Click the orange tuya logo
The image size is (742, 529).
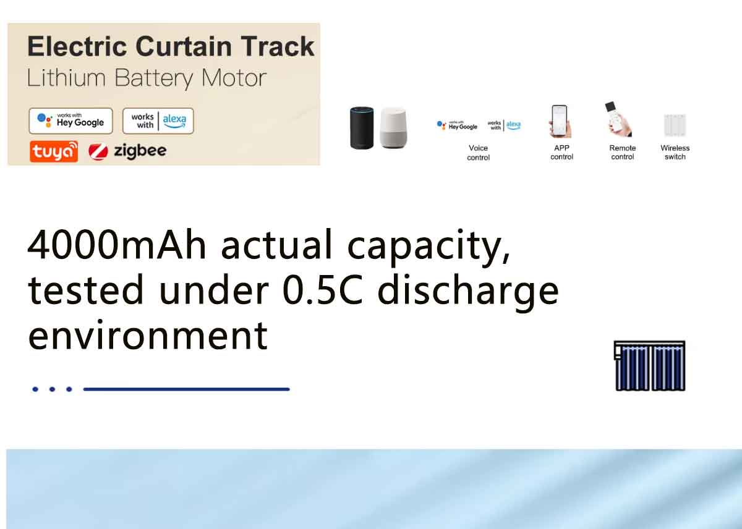[x=54, y=151]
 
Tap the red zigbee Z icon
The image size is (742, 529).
[x=98, y=152]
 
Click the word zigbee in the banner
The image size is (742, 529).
[x=140, y=151]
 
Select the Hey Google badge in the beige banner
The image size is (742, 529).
[x=71, y=121]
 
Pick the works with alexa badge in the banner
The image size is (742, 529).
[x=158, y=121]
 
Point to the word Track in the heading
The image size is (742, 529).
[x=278, y=46]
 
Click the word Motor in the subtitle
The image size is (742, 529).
[x=234, y=78]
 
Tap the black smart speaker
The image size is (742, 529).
[x=362, y=128]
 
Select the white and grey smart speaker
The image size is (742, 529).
[x=393, y=128]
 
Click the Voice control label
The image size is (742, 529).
[x=479, y=153]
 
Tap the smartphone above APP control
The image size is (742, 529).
[x=560, y=121]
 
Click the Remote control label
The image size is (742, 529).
[x=623, y=152]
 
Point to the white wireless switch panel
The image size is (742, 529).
[x=675, y=125]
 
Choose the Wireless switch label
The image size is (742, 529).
[x=675, y=152]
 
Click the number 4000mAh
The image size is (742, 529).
[x=117, y=245]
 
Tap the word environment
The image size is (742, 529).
[x=148, y=336]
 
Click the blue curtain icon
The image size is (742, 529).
[x=649, y=366]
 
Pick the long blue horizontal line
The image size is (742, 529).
[x=187, y=389]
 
